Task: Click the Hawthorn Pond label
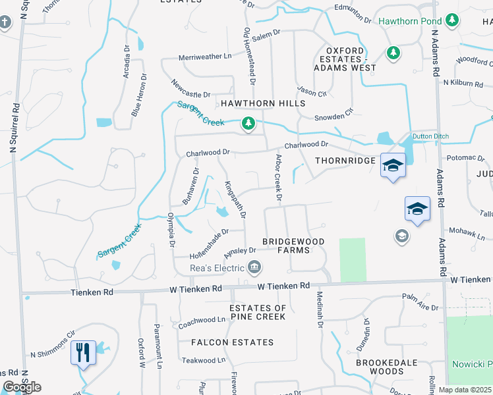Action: (409, 21)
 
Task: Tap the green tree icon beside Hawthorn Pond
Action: (452, 21)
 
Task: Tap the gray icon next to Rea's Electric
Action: (254, 267)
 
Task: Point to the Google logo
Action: (22, 386)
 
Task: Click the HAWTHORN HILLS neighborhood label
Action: (263, 104)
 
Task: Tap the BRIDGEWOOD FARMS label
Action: (294, 246)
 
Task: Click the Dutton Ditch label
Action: (430, 136)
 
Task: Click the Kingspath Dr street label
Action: (235, 199)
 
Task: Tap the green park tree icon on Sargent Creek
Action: (248, 123)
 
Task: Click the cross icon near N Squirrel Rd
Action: (5, 23)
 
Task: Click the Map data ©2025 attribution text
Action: (464, 390)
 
